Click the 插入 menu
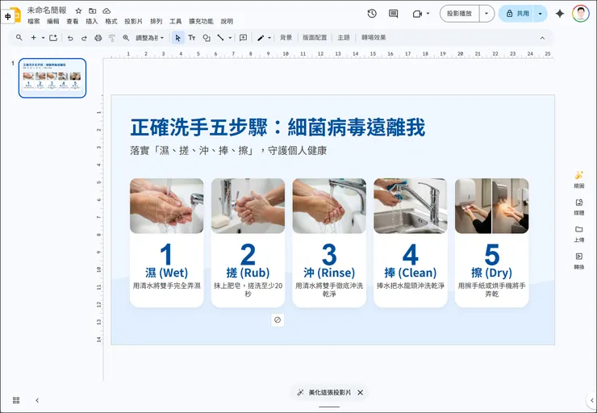pos(92,22)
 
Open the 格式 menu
pos(111,22)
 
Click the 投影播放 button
pos(459,14)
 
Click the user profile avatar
pos(580,14)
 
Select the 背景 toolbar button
pos(286,38)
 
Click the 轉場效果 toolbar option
pos(374,38)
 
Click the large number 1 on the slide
pos(166,255)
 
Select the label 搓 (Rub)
pos(248,273)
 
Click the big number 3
pos(329,255)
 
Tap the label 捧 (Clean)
pos(410,273)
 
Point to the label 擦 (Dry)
pos(491,273)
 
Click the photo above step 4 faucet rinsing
pos(410,206)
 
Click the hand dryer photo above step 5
pos(491,206)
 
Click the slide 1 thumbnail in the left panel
pos(52,78)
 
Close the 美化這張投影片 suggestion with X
pos(361,393)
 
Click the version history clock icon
pos(371,14)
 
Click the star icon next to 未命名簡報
pos(78,10)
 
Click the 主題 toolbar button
pos(344,38)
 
